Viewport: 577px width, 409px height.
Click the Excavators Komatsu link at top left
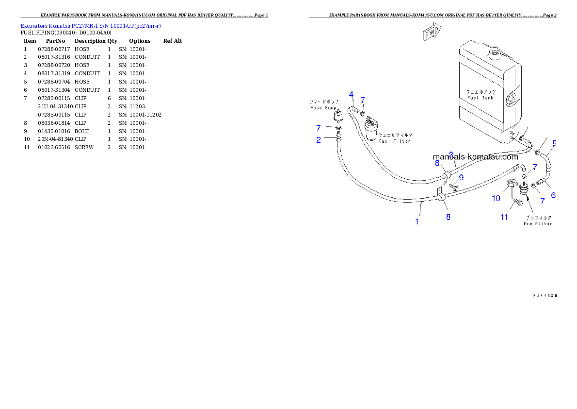coord(91,25)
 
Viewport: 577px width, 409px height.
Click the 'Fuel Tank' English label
coord(481,98)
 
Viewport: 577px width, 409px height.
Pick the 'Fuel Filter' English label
coord(395,141)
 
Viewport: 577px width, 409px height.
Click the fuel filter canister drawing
coord(374,130)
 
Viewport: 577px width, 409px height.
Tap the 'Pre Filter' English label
coord(538,223)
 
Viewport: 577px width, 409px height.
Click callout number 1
coord(417,222)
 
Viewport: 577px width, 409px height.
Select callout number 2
coord(319,140)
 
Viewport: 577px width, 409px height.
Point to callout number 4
coord(351,94)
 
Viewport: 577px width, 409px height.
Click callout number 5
coord(555,143)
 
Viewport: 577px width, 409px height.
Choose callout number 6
coord(553,196)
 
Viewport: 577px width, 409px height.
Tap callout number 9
coord(461,177)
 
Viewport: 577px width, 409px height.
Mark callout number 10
coord(496,198)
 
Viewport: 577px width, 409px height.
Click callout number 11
coord(504,217)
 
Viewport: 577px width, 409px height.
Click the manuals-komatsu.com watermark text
coord(476,157)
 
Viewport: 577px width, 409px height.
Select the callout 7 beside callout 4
coord(362,100)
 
